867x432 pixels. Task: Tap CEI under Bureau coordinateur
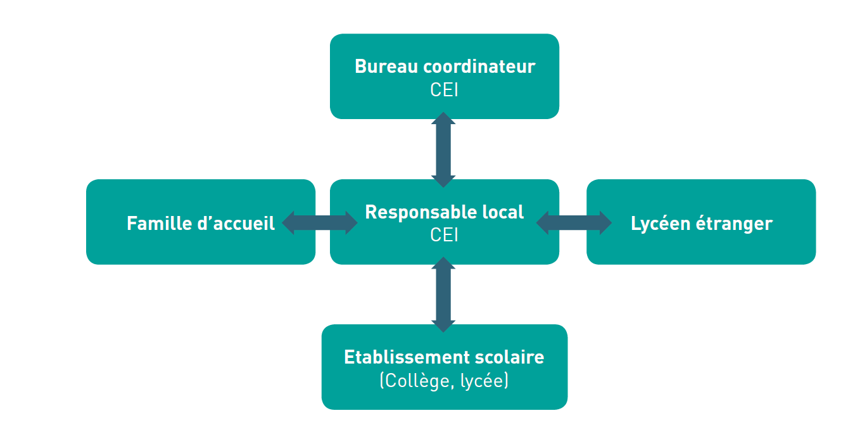coord(444,90)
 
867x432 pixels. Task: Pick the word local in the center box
coord(502,212)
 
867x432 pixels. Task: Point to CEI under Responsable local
coord(444,235)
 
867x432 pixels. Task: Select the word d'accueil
coord(236,224)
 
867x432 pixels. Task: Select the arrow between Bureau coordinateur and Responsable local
coord(443,150)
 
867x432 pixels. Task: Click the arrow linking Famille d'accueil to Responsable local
coord(320,223)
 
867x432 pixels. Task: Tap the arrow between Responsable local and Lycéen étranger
coord(574,223)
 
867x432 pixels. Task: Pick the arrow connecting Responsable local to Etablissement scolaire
coord(443,295)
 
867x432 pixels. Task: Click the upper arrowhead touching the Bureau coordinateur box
coord(443,119)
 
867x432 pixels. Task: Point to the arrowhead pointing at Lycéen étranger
coord(605,223)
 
